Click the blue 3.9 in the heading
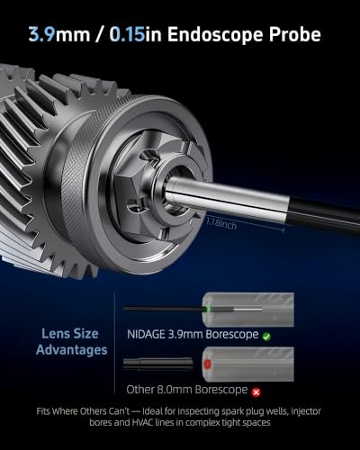(42, 34)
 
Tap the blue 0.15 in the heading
(127, 34)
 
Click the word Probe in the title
(295, 34)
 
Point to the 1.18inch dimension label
(221, 224)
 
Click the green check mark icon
(266, 337)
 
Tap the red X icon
(256, 392)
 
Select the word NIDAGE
(146, 334)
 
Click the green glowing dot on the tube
(208, 309)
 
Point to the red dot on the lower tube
(207, 364)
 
